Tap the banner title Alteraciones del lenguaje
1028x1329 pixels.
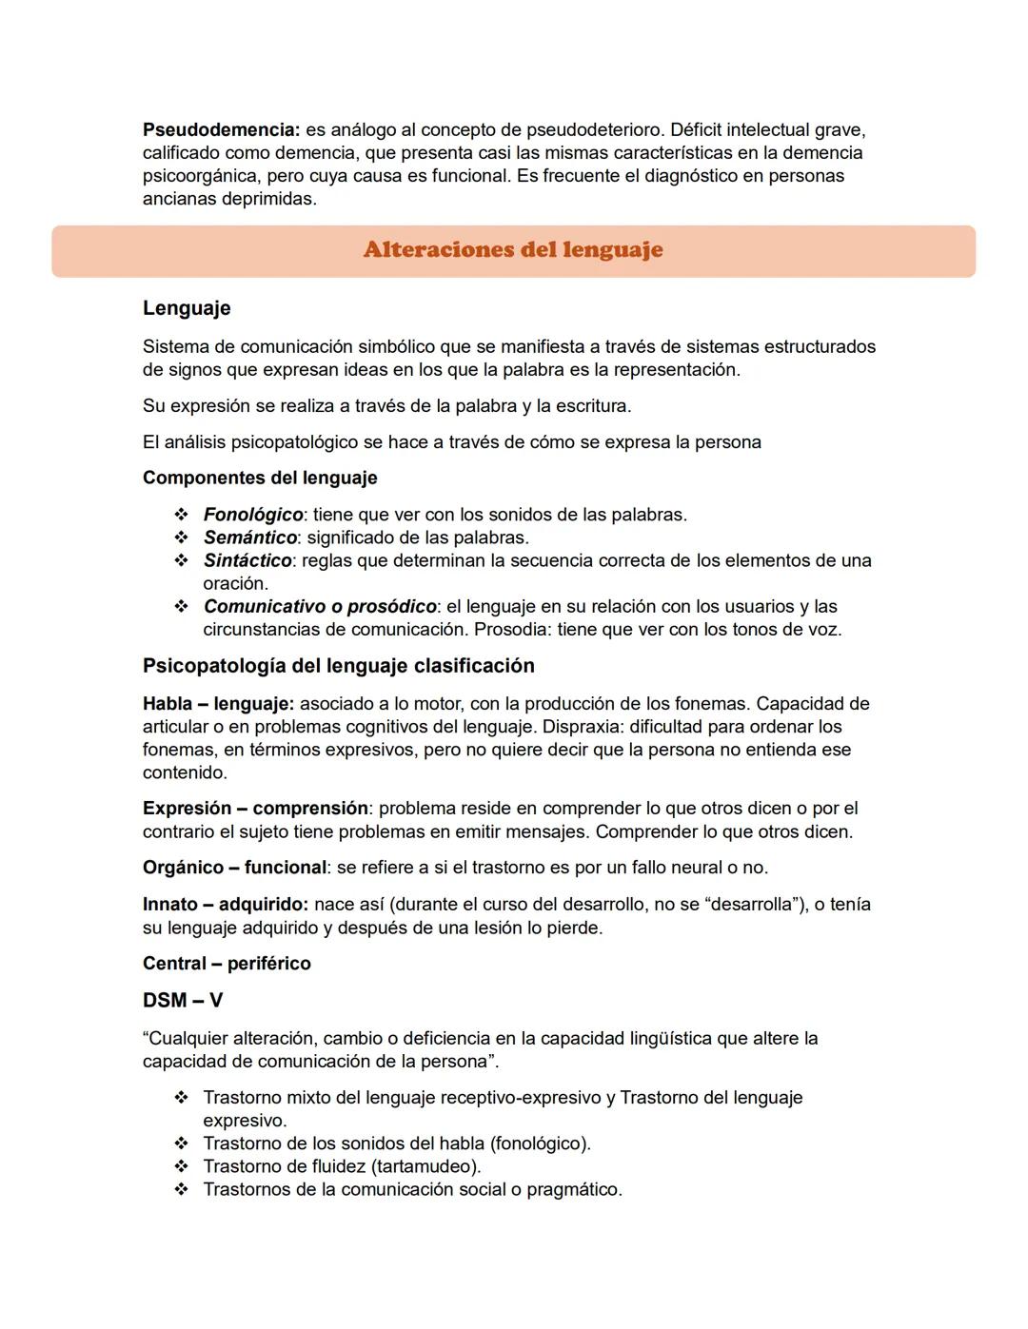[x=513, y=250]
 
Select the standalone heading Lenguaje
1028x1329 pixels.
[x=187, y=308]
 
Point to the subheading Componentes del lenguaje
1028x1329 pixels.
[x=260, y=478]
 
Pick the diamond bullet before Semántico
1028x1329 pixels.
[x=181, y=537]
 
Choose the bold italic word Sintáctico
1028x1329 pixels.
[x=247, y=560]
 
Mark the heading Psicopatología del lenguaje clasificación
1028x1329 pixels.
[x=339, y=666]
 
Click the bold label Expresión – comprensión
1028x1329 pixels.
[x=255, y=809]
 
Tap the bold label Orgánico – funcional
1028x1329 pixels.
[x=234, y=868]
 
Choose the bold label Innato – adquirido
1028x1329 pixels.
[x=226, y=904]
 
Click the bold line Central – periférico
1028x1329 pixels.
[x=227, y=964]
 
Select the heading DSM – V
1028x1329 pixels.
[x=183, y=1001]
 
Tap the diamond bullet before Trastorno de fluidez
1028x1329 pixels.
[x=181, y=1166]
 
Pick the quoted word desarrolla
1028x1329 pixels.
[x=748, y=904]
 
